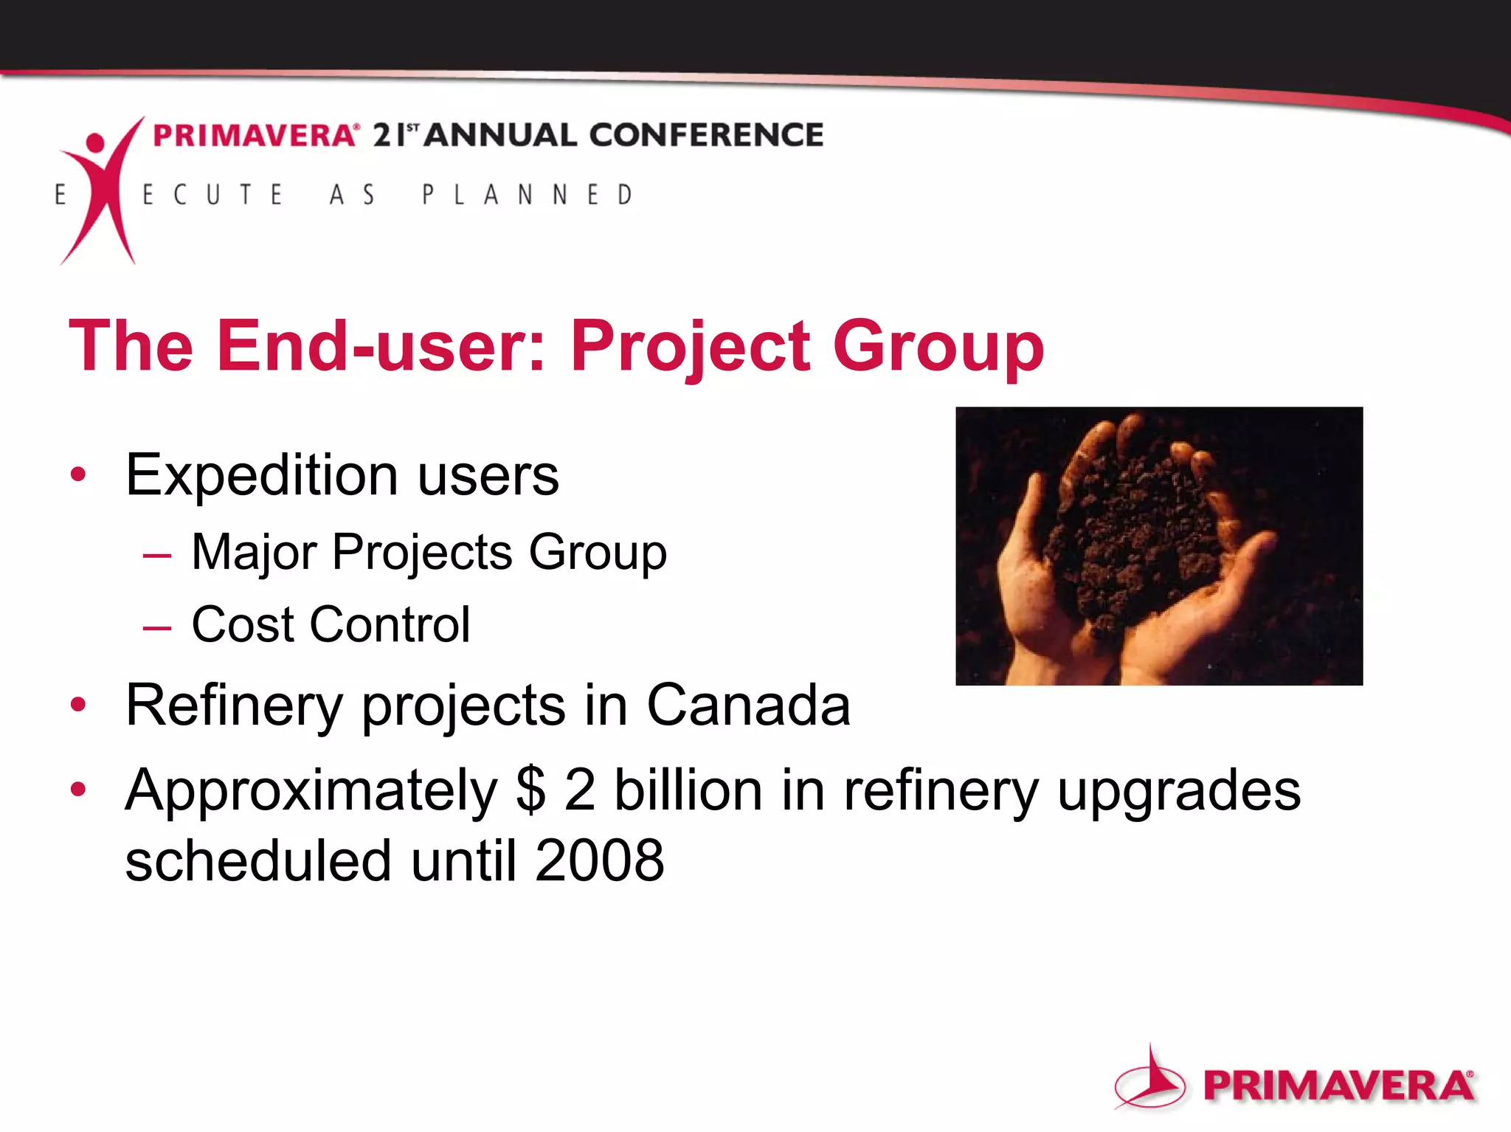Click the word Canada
click(x=748, y=705)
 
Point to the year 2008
click(x=599, y=860)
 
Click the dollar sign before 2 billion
click(x=531, y=790)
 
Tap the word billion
click(x=688, y=790)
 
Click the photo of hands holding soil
click(x=1158, y=546)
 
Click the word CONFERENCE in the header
click(x=706, y=135)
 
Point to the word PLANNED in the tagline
click(x=527, y=195)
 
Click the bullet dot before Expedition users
click(x=78, y=474)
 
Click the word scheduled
click(x=257, y=860)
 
